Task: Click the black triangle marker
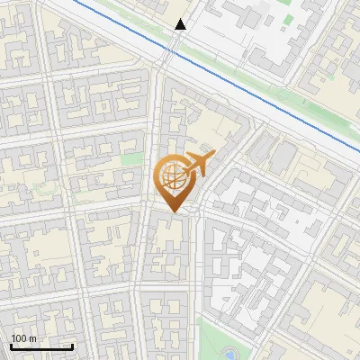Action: click(181, 24)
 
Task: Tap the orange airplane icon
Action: click(200, 164)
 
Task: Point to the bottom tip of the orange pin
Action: click(172, 212)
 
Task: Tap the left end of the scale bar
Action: click(10, 346)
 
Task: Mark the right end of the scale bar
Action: click(72, 346)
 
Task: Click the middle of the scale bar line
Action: click(40, 346)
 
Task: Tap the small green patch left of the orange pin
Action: click(132, 159)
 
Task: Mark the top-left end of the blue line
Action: click(74, 1)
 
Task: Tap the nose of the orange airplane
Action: click(212, 156)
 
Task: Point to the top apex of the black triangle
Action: click(181, 18)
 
